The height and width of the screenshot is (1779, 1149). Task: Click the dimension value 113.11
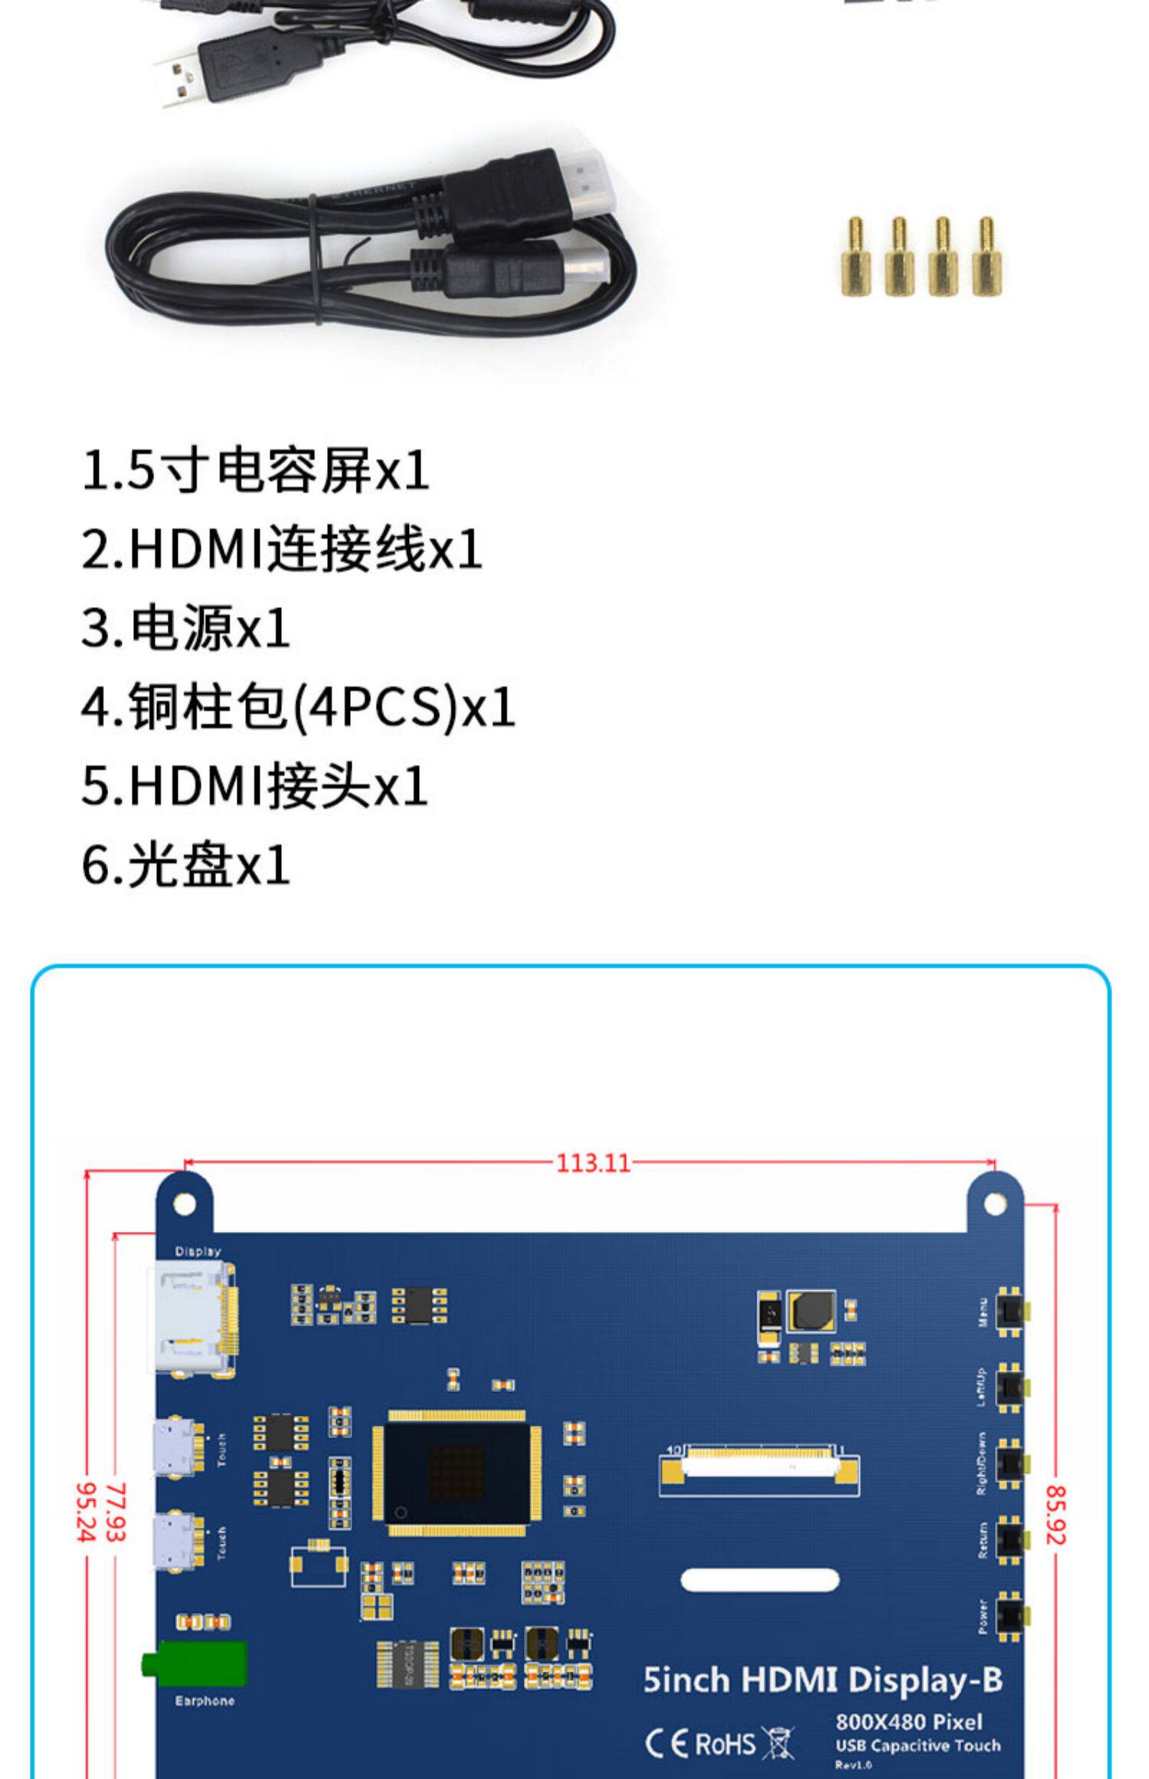(x=593, y=1163)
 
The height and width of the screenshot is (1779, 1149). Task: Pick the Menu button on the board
(x=1013, y=1312)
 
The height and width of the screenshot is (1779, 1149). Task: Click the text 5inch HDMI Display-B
(x=823, y=1680)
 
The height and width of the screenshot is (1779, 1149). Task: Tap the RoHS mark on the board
(x=725, y=1744)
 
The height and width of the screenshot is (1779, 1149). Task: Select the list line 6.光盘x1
(x=185, y=865)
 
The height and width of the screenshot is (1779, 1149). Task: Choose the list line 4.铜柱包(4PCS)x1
(x=298, y=706)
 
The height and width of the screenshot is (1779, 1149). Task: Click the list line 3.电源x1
(x=185, y=627)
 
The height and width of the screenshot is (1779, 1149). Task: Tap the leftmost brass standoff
(x=855, y=257)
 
